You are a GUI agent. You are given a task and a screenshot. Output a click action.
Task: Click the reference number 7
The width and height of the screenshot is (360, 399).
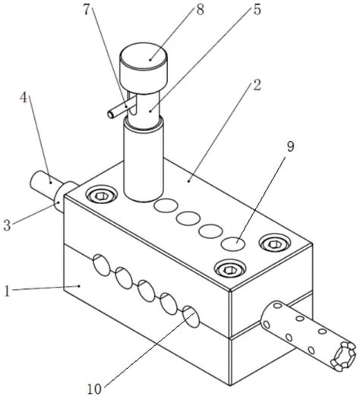87,10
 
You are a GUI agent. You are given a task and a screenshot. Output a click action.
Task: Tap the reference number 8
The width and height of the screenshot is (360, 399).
201,10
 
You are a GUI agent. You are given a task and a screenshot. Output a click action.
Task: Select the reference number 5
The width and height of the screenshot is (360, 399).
257,10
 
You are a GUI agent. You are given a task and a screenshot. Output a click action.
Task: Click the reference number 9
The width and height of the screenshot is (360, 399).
291,146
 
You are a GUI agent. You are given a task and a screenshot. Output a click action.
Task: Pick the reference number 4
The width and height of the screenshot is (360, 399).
24,97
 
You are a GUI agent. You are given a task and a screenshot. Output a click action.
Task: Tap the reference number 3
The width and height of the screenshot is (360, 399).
7,225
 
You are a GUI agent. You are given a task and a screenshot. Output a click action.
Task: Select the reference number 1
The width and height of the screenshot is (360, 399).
7,291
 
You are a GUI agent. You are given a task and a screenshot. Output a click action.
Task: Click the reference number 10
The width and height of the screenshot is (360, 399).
94,389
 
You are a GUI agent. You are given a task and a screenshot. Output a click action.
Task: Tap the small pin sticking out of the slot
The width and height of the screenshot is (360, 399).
120,109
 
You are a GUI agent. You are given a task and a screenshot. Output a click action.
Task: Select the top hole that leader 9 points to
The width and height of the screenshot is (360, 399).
233,243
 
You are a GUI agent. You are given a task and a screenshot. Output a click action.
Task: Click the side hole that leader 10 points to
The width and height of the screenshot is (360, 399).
191,316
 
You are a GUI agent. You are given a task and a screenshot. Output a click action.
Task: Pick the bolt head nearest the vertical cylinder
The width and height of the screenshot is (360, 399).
102,196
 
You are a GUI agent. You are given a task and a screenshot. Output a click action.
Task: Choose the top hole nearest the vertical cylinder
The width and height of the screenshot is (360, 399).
166,206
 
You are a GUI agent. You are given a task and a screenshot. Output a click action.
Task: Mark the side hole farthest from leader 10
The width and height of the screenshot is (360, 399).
102,265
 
